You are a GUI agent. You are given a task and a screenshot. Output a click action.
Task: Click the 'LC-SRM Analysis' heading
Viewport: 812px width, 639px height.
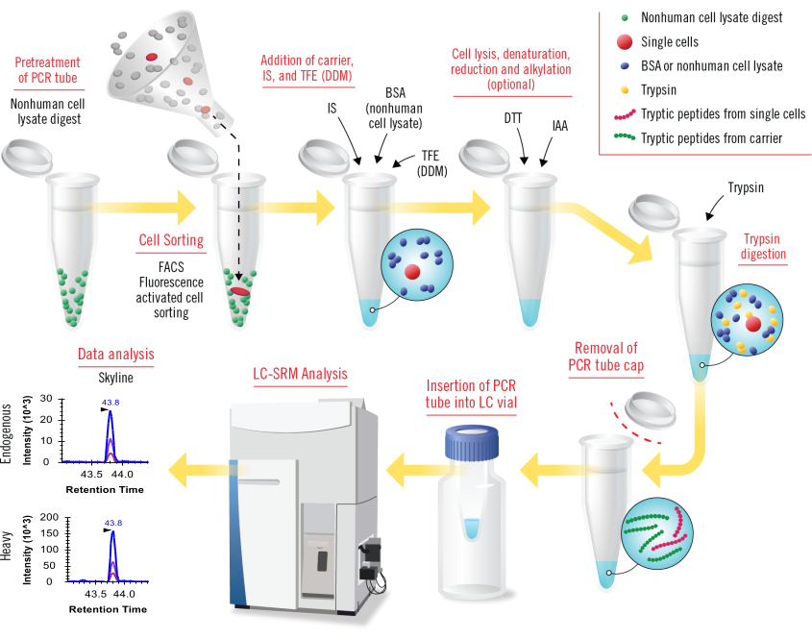292,373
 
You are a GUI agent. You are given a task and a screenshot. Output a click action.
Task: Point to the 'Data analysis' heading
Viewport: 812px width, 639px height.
115,354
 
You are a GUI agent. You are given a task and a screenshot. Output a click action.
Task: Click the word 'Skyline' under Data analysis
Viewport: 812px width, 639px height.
114,379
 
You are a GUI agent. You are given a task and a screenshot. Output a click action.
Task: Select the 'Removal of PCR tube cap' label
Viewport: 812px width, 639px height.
604,356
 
